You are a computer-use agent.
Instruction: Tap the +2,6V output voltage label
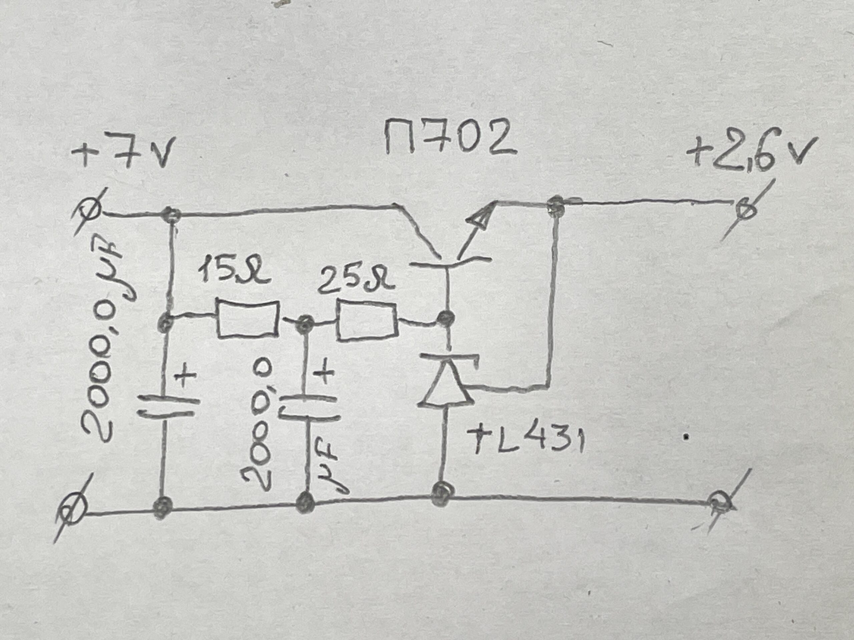click(751, 154)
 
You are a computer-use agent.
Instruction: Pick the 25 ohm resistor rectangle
click(367, 322)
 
